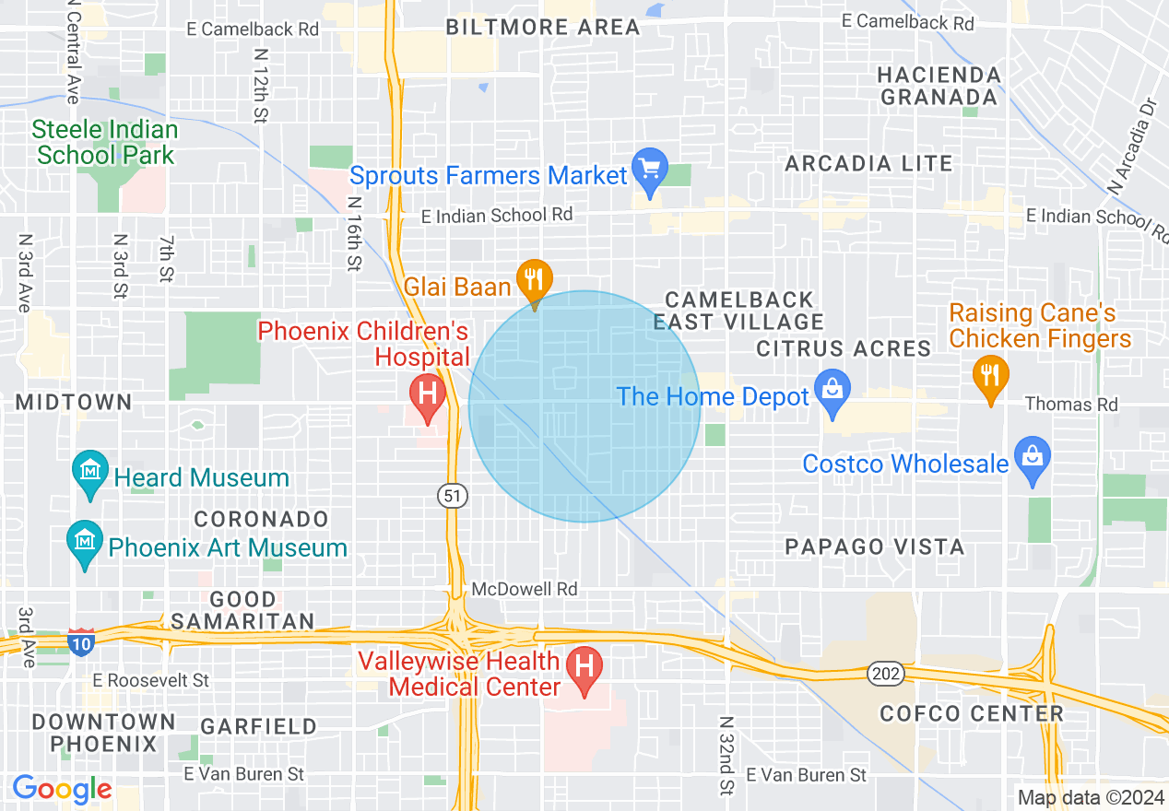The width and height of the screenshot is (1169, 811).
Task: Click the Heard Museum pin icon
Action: (x=90, y=473)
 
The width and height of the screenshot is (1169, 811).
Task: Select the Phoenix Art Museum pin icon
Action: (x=85, y=543)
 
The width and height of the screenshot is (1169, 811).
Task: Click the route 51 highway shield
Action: (x=453, y=496)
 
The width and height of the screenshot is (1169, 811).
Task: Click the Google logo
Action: (x=62, y=790)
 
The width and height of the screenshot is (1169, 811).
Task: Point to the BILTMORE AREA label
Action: (x=543, y=27)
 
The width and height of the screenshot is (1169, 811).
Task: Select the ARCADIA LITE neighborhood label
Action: (x=868, y=164)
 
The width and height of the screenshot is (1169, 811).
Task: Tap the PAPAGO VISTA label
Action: (x=875, y=547)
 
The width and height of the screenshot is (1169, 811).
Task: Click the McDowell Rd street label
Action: (x=525, y=589)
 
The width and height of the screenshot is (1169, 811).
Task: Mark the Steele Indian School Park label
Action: (x=106, y=142)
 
